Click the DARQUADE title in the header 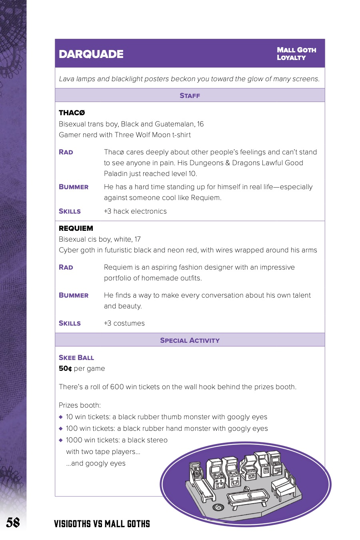pos(91,54)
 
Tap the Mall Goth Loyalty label pos(296,54)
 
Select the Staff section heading pos(190,96)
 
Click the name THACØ pos(72,113)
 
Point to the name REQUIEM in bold pos(76,228)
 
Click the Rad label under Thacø pos(66,152)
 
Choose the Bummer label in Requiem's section pos(74,295)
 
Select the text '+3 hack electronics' pos(135,211)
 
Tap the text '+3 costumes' pos(124,323)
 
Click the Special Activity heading pos(190,340)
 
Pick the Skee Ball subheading pos(76,358)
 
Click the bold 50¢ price pos(65,368)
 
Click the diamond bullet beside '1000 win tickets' pos(61,440)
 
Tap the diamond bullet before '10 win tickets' pos(61,417)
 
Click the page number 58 pos(13,522)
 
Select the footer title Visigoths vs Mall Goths pos(102,524)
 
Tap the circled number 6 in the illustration pos(218,507)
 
